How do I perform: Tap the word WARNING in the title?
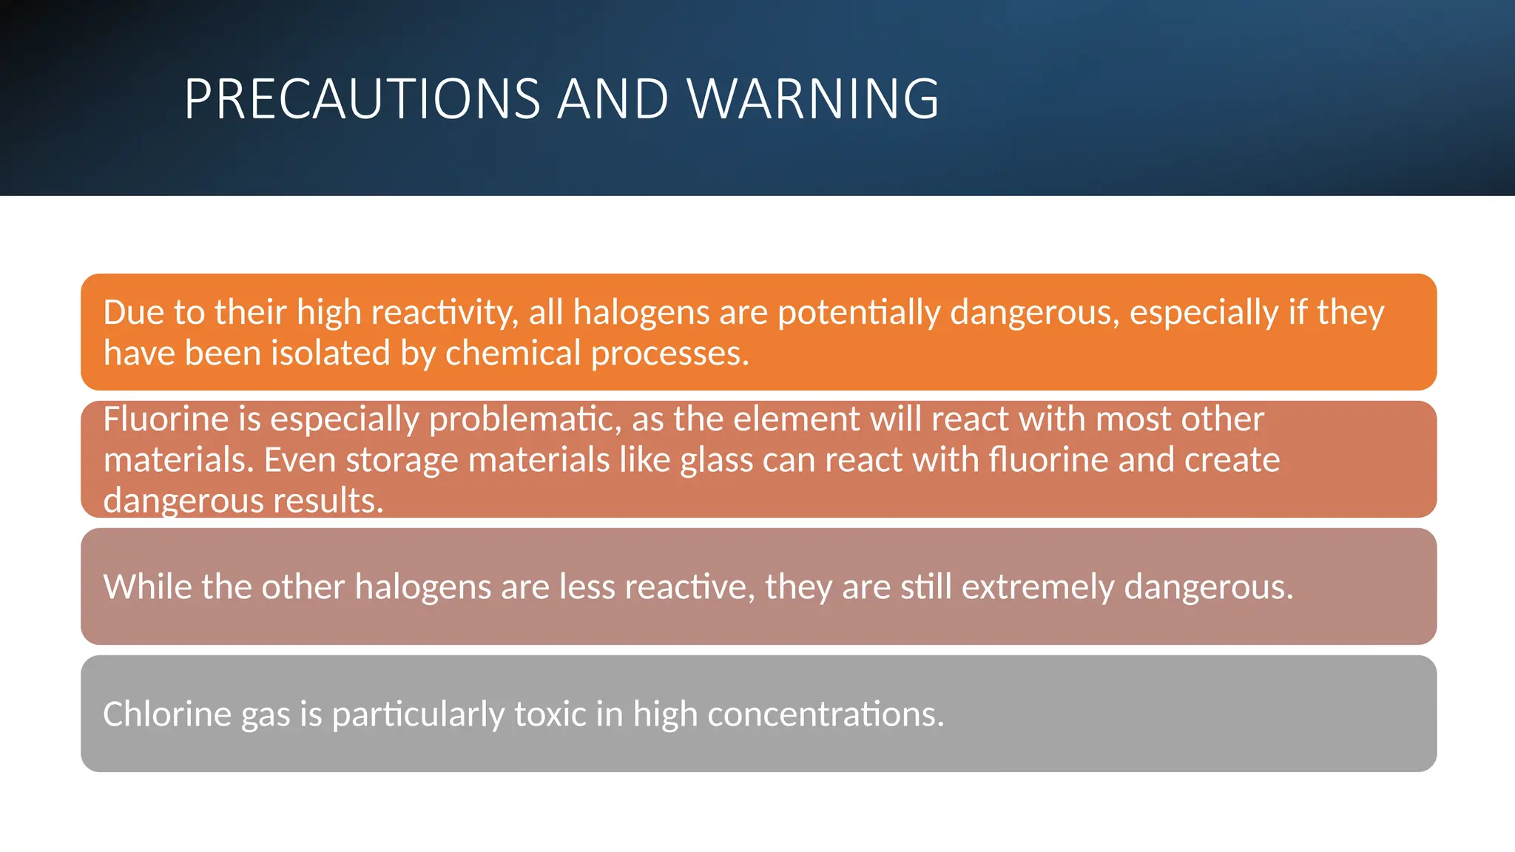tap(813, 99)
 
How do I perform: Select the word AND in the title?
tap(613, 99)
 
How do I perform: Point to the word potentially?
tap(858, 313)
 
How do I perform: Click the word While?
tap(147, 587)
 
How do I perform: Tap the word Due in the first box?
tap(133, 313)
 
